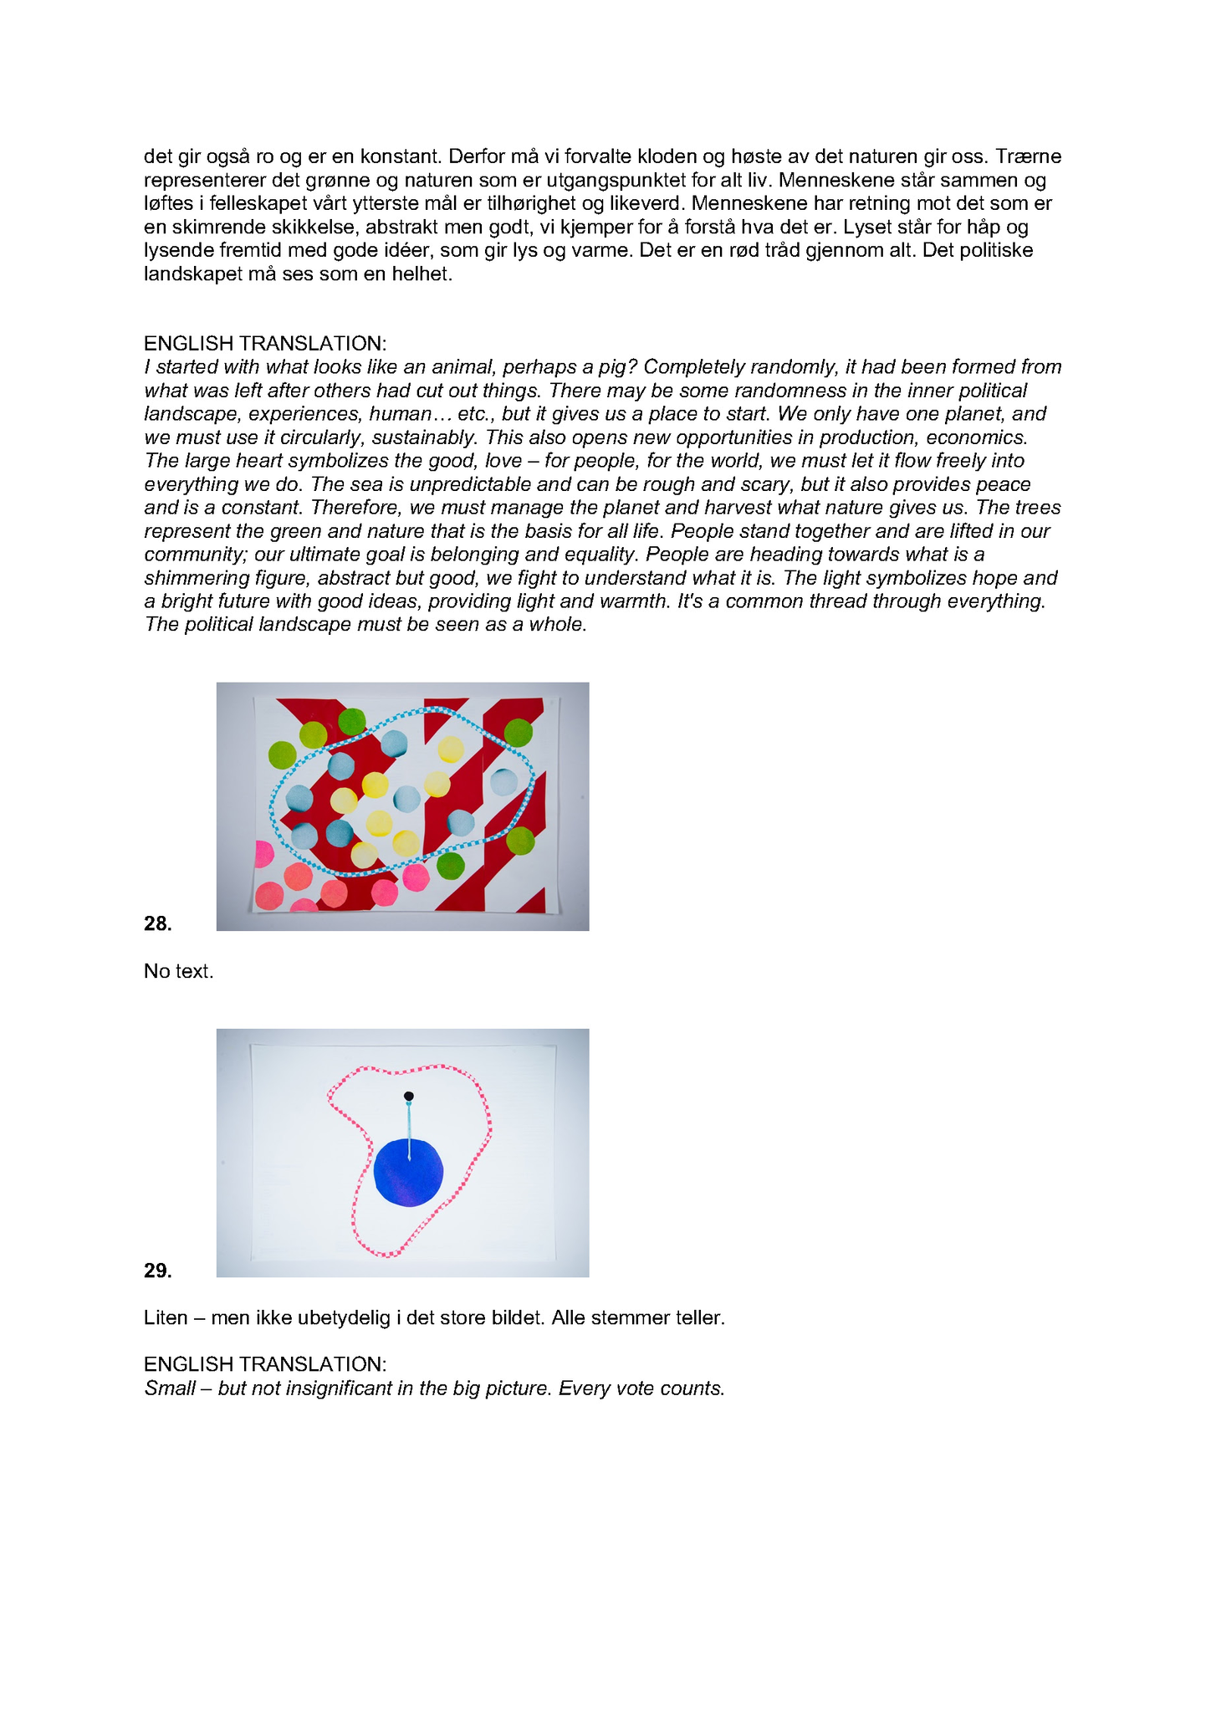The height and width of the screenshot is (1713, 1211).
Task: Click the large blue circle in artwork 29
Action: tap(408, 1173)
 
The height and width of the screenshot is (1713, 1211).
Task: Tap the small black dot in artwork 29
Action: tap(408, 1096)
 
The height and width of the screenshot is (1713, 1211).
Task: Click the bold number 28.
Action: tap(158, 923)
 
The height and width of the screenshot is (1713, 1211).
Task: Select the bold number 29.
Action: tap(158, 1271)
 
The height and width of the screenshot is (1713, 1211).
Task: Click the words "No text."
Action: tap(179, 971)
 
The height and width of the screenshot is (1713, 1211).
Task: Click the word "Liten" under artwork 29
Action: tap(166, 1317)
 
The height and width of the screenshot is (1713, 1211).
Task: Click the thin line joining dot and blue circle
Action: tap(409, 1129)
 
